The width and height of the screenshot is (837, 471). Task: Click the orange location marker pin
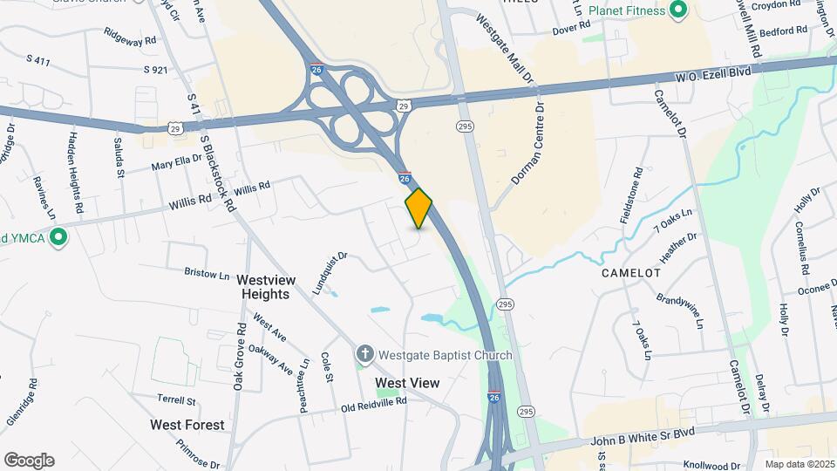(418, 208)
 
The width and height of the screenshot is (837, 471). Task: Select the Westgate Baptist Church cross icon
(364, 354)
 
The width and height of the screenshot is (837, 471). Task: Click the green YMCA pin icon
(58, 237)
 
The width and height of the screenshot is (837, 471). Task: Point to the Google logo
(29, 461)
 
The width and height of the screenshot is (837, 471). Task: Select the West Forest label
(187, 425)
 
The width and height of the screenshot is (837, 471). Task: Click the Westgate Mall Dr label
(505, 49)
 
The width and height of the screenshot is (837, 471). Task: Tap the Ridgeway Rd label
(129, 39)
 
